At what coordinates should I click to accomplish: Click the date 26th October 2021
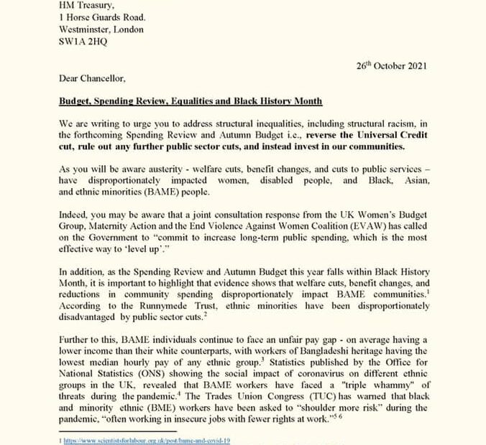coord(391,66)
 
